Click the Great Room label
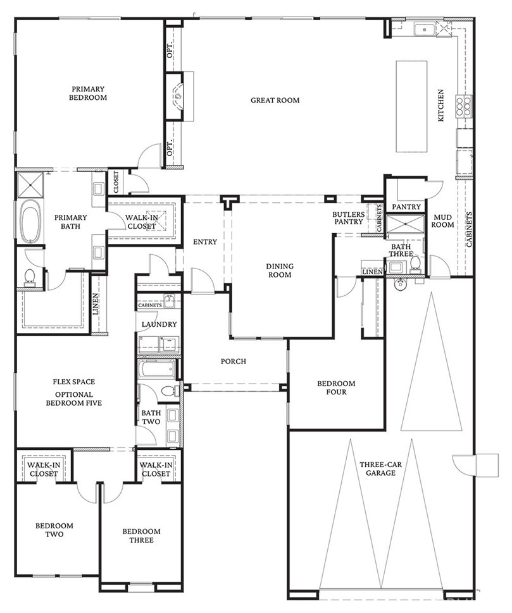(x=275, y=100)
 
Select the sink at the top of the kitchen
(x=423, y=29)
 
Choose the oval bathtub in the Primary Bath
(x=30, y=222)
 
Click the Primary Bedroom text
(x=89, y=94)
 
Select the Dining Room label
(x=278, y=271)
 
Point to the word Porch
(x=233, y=361)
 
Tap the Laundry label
(x=159, y=325)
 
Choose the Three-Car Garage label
(x=378, y=468)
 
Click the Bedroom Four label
(x=336, y=387)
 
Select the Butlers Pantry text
(x=348, y=217)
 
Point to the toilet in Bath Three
(x=416, y=263)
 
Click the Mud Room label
(x=442, y=221)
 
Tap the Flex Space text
(x=74, y=382)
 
